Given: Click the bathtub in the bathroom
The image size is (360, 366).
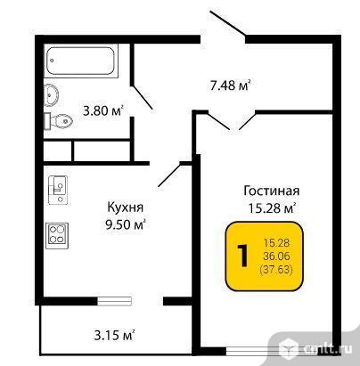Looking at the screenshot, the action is coord(81,61).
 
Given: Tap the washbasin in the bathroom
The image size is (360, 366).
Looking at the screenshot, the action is coord(51,94).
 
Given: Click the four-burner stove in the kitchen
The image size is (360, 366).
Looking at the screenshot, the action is coord(57,236).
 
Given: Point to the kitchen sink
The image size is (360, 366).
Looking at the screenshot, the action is coord(58,191).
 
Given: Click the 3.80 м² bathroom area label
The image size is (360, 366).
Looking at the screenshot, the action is coord(103,111).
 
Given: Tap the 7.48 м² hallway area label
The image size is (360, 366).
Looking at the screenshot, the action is coord(230,85).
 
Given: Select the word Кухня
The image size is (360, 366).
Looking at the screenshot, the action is coord(125,207).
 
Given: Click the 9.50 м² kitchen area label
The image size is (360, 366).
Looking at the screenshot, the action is coord(126,224).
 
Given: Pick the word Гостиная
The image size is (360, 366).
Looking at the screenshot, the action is coord(272,191).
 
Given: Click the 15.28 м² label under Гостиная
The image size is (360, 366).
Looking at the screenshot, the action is coord(272,207).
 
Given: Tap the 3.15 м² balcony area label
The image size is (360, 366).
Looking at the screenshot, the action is coord(115,336).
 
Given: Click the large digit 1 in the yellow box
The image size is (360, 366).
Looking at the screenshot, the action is coord(243,256).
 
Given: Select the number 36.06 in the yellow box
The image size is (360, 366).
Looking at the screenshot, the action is coord(276,256).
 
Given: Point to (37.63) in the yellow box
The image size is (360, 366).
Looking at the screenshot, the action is coord(276,270).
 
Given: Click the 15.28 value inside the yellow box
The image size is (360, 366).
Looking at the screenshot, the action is coord(276,243).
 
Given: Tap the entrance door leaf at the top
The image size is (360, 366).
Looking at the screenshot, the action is coord(228,24).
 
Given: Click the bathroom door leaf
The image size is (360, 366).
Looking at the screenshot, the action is coord(143,97).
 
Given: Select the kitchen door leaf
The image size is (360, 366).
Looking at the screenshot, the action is coord(169,175).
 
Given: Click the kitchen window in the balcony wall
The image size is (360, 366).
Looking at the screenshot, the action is coord(114,301).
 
